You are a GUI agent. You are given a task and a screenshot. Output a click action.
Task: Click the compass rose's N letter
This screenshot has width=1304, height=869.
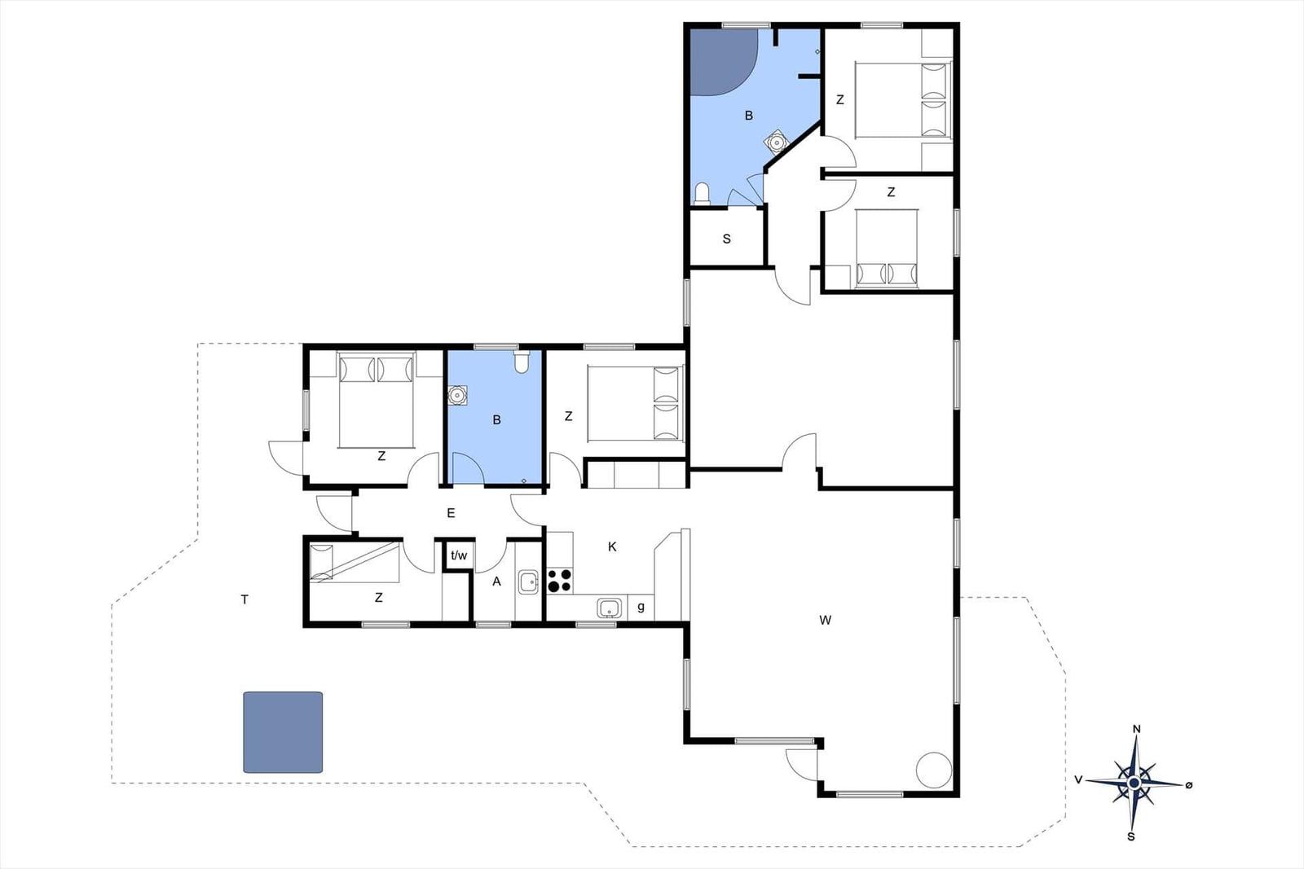1136,730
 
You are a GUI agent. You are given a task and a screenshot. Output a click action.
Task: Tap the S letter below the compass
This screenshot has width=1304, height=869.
1131,837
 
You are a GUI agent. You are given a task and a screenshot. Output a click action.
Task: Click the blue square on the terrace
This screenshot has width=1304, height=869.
283,732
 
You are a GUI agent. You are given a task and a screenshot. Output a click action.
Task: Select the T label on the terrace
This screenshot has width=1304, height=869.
245,599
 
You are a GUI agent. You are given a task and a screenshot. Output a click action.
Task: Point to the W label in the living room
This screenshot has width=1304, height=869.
825,621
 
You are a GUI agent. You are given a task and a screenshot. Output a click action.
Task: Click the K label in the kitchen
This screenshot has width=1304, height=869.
612,546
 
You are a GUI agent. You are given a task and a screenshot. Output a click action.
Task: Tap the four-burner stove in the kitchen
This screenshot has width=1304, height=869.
559,581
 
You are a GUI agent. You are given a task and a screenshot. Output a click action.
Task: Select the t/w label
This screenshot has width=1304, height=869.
459,555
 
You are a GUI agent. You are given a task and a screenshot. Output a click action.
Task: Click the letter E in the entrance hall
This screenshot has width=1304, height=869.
451,513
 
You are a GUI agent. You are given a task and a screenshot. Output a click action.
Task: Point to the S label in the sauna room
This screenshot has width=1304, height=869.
726,239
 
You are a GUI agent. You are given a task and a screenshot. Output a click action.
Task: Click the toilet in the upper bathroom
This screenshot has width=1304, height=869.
703,193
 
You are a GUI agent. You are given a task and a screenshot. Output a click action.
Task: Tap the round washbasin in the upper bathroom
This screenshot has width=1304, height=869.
775,142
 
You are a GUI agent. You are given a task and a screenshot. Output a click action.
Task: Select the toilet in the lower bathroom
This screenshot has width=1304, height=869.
522,362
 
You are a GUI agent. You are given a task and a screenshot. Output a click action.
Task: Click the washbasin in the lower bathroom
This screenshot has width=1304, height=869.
457,396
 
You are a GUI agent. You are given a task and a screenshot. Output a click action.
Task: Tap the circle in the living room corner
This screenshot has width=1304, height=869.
934,770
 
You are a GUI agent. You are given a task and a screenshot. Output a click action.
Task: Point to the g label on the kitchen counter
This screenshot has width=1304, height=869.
641,608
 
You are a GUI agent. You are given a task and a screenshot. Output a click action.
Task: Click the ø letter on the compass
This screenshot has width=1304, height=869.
1189,785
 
